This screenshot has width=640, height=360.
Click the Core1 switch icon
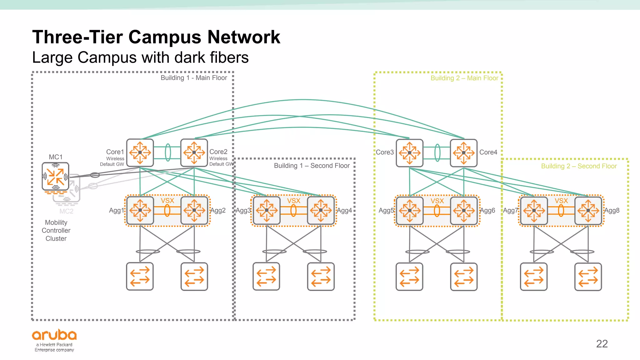click(140, 152)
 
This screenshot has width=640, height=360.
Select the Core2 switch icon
click(194, 152)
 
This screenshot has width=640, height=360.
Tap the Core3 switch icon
click(409, 153)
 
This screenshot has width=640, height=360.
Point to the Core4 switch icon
click(463, 153)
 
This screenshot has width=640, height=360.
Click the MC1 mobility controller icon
click(55, 176)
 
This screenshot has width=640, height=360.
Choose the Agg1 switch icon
click(140, 210)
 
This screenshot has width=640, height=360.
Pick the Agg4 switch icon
click(321, 210)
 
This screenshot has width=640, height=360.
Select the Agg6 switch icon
click(464, 210)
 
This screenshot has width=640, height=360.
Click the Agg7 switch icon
click(534, 210)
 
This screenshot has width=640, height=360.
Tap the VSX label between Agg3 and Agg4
click(293, 201)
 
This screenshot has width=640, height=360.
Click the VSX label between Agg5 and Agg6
click(437, 201)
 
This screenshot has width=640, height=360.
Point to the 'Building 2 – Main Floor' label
click(464, 78)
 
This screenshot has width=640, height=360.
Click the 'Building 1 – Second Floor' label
click(312, 166)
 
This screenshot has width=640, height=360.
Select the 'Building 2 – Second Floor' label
click(579, 166)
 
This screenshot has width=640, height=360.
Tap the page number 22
click(602, 344)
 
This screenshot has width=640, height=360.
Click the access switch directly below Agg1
click(140, 277)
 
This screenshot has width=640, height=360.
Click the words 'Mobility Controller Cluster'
click(56, 231)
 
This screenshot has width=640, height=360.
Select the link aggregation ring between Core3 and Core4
click(437, 153)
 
